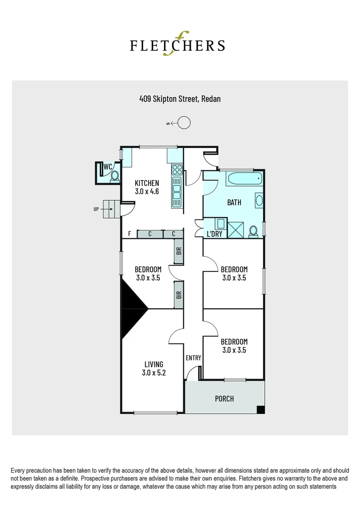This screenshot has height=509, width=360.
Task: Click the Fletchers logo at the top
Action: pyautogui.click(x=177, y=44)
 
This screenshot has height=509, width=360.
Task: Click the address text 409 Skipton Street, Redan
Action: pyautogui.click(x=180, y=99)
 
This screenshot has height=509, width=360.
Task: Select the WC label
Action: pyautogui.click(x=108, y=166)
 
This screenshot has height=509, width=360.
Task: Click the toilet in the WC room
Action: pyautogui.click(x=115, y=176)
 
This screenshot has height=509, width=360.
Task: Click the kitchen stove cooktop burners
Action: pyautogui.click(x=177, y=169)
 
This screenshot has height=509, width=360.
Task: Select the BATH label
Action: pyautogui.click(x=234, y=203)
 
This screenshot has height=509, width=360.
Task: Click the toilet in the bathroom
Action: pyautogui.click(x=253, y=231)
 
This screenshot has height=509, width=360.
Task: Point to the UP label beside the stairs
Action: pyautogui.click(x=96, y=209)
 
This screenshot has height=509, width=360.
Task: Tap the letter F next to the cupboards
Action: pyautogui.click(x=130, y=234)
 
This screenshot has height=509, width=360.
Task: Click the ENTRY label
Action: pyautogui.click(x=193, y=358)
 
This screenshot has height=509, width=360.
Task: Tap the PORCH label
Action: pyautogui.click(x=224, y=399)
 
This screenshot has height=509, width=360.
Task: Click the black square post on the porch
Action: pyautogui.click(x=260, y=410)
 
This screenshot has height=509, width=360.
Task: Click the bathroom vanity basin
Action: pyautogui.click(x=259, y=200)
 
